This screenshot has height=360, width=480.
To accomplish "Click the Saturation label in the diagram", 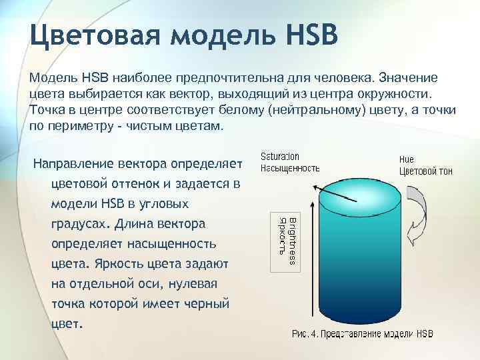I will click(280, 157).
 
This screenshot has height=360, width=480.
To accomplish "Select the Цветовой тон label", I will click(425, 171).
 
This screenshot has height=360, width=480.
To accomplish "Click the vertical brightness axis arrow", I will click(311, 253).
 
